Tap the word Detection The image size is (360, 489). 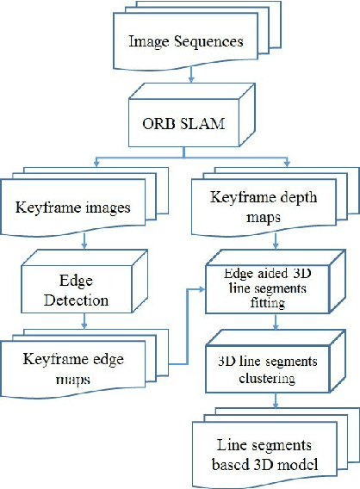point(83,301)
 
